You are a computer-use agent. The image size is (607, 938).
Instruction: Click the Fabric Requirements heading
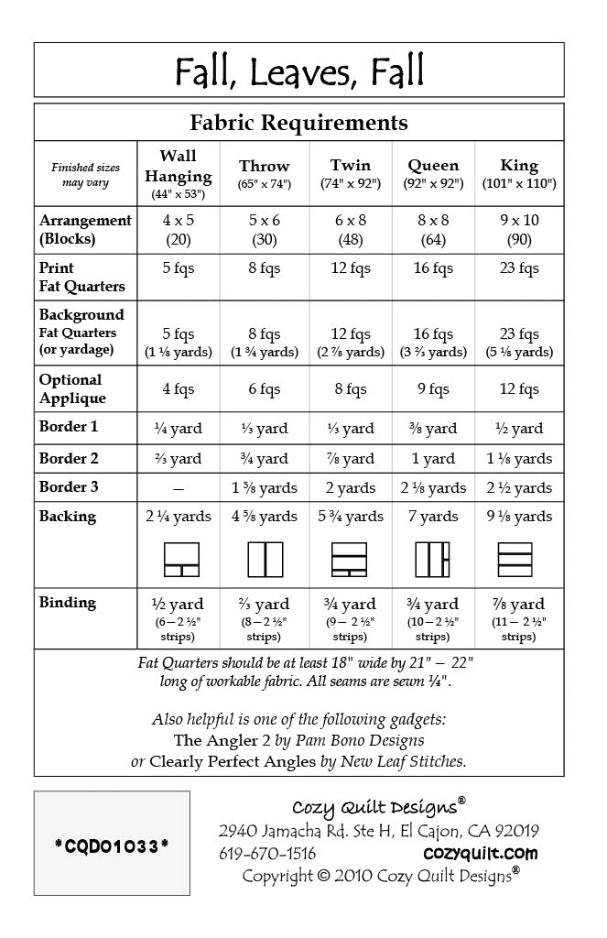click(299, 122)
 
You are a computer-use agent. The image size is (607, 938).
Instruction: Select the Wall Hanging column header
click(178, 173)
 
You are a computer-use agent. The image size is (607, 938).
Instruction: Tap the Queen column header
click(433, 173)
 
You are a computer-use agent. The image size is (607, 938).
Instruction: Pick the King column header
click(519, 173)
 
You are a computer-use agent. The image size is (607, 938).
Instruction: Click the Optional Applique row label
click(72, 388)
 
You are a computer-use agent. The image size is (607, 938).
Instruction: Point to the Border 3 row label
click(69, 486)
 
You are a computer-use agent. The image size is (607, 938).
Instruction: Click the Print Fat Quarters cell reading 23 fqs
click(519, 268)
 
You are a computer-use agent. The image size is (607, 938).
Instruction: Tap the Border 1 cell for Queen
click(433, 428)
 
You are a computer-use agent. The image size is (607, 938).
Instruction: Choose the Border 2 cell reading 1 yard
click(433, 458)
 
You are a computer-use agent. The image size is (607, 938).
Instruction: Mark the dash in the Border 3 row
click(178, 488)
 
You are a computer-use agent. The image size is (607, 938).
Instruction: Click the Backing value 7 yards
click(433, 517)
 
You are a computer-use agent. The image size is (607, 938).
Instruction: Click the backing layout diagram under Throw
click(265, 560)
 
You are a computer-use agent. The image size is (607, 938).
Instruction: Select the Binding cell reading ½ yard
click(178, 604)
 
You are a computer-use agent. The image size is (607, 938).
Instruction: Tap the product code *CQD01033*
click(112, 845)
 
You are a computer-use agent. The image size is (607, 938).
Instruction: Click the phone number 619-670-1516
click(267, 854)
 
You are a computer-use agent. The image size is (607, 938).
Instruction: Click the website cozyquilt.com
click(481, 854)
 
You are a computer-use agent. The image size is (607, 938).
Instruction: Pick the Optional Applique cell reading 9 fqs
click(433, 389)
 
